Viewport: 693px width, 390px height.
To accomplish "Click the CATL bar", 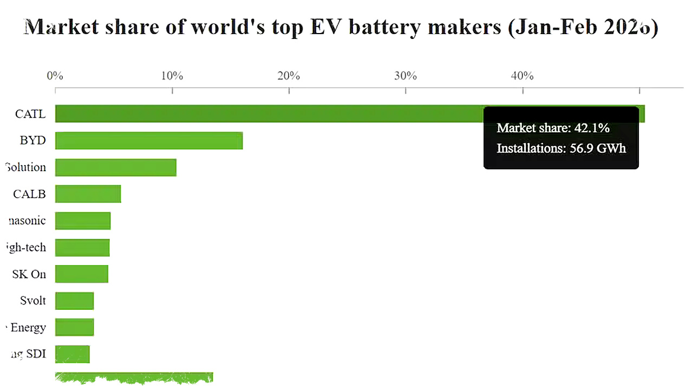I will (271, 114).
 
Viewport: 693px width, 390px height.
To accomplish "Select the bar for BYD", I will (149, 140).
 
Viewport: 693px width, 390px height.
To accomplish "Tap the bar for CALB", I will (88, 193).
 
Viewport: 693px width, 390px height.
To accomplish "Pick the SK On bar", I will (81, 274).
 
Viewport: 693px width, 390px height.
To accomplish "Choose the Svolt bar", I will (74, 301).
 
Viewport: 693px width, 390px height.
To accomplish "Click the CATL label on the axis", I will (30, 114).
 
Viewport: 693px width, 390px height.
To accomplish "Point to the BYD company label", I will (32, 140).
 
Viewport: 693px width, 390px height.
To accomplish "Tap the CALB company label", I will (29, 193).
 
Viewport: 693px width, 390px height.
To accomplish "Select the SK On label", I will (29, 274).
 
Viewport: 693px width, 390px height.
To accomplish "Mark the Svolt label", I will (33, 301).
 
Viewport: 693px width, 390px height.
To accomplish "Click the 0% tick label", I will (55, 76).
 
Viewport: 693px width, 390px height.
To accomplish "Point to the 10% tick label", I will (172, 76).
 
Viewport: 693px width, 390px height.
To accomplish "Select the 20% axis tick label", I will (289, 76).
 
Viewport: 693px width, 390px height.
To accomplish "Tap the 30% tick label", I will (406, 76).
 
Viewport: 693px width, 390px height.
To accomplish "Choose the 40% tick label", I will (522, 76).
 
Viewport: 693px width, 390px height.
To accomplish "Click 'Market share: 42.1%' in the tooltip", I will (553, 128).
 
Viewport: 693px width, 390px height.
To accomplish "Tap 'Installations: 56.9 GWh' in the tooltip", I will (561, 148).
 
